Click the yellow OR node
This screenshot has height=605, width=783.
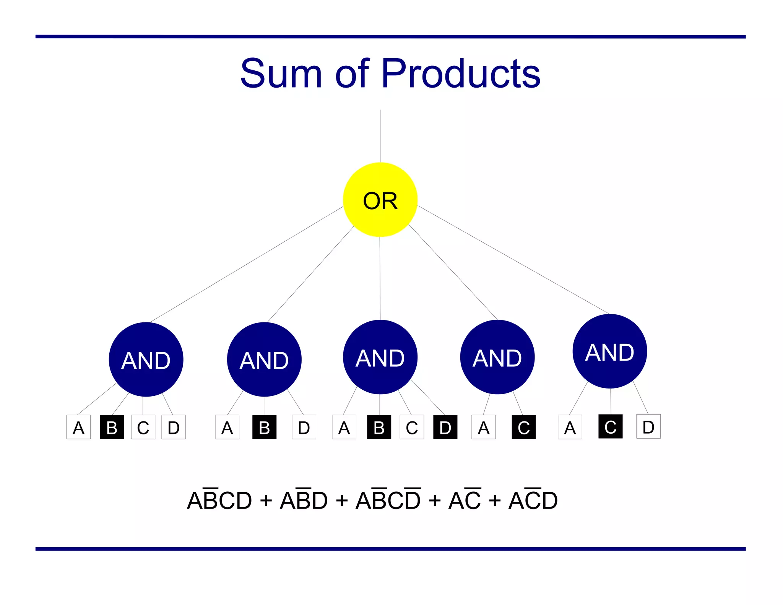point(380,200)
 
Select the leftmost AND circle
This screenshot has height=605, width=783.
point(146,359)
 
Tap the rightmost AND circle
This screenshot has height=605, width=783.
point(609,351)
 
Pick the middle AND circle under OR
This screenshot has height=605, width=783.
point(380,357)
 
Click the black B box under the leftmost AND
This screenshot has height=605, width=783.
point(112,427)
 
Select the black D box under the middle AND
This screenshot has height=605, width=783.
point(445,427)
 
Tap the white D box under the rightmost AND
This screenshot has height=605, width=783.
point(648,426)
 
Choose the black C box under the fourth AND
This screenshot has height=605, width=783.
point(523,427)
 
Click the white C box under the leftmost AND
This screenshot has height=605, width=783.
point(143,427)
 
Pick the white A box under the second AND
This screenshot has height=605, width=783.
point(227,427)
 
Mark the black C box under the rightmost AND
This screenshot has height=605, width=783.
point(610,426)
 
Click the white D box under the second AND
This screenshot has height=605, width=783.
point(304,427)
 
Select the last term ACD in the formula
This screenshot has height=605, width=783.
point(533,500)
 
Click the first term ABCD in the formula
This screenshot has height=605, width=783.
point(219,500)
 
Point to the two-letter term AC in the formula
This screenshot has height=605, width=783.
point(465,500)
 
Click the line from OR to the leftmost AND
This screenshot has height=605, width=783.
point(247,264)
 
